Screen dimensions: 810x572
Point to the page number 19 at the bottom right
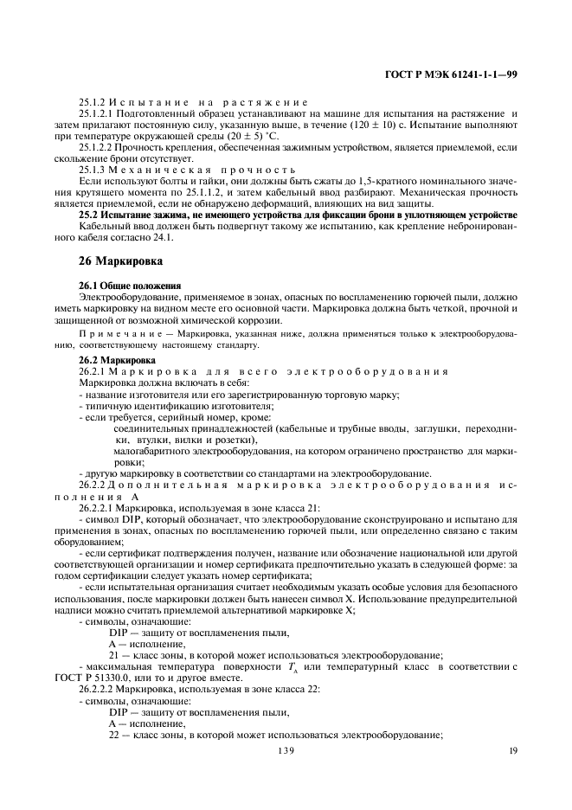click(x=513, y=751)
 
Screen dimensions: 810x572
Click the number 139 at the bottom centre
click(x=286, y=751)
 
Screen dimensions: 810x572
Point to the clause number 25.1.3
click(x=93, y=170)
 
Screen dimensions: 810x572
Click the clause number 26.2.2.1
click(x=98, y=508)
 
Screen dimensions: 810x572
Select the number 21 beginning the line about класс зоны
click(x=114, y=655)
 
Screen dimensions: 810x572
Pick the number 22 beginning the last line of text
click(x=114, y=734)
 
